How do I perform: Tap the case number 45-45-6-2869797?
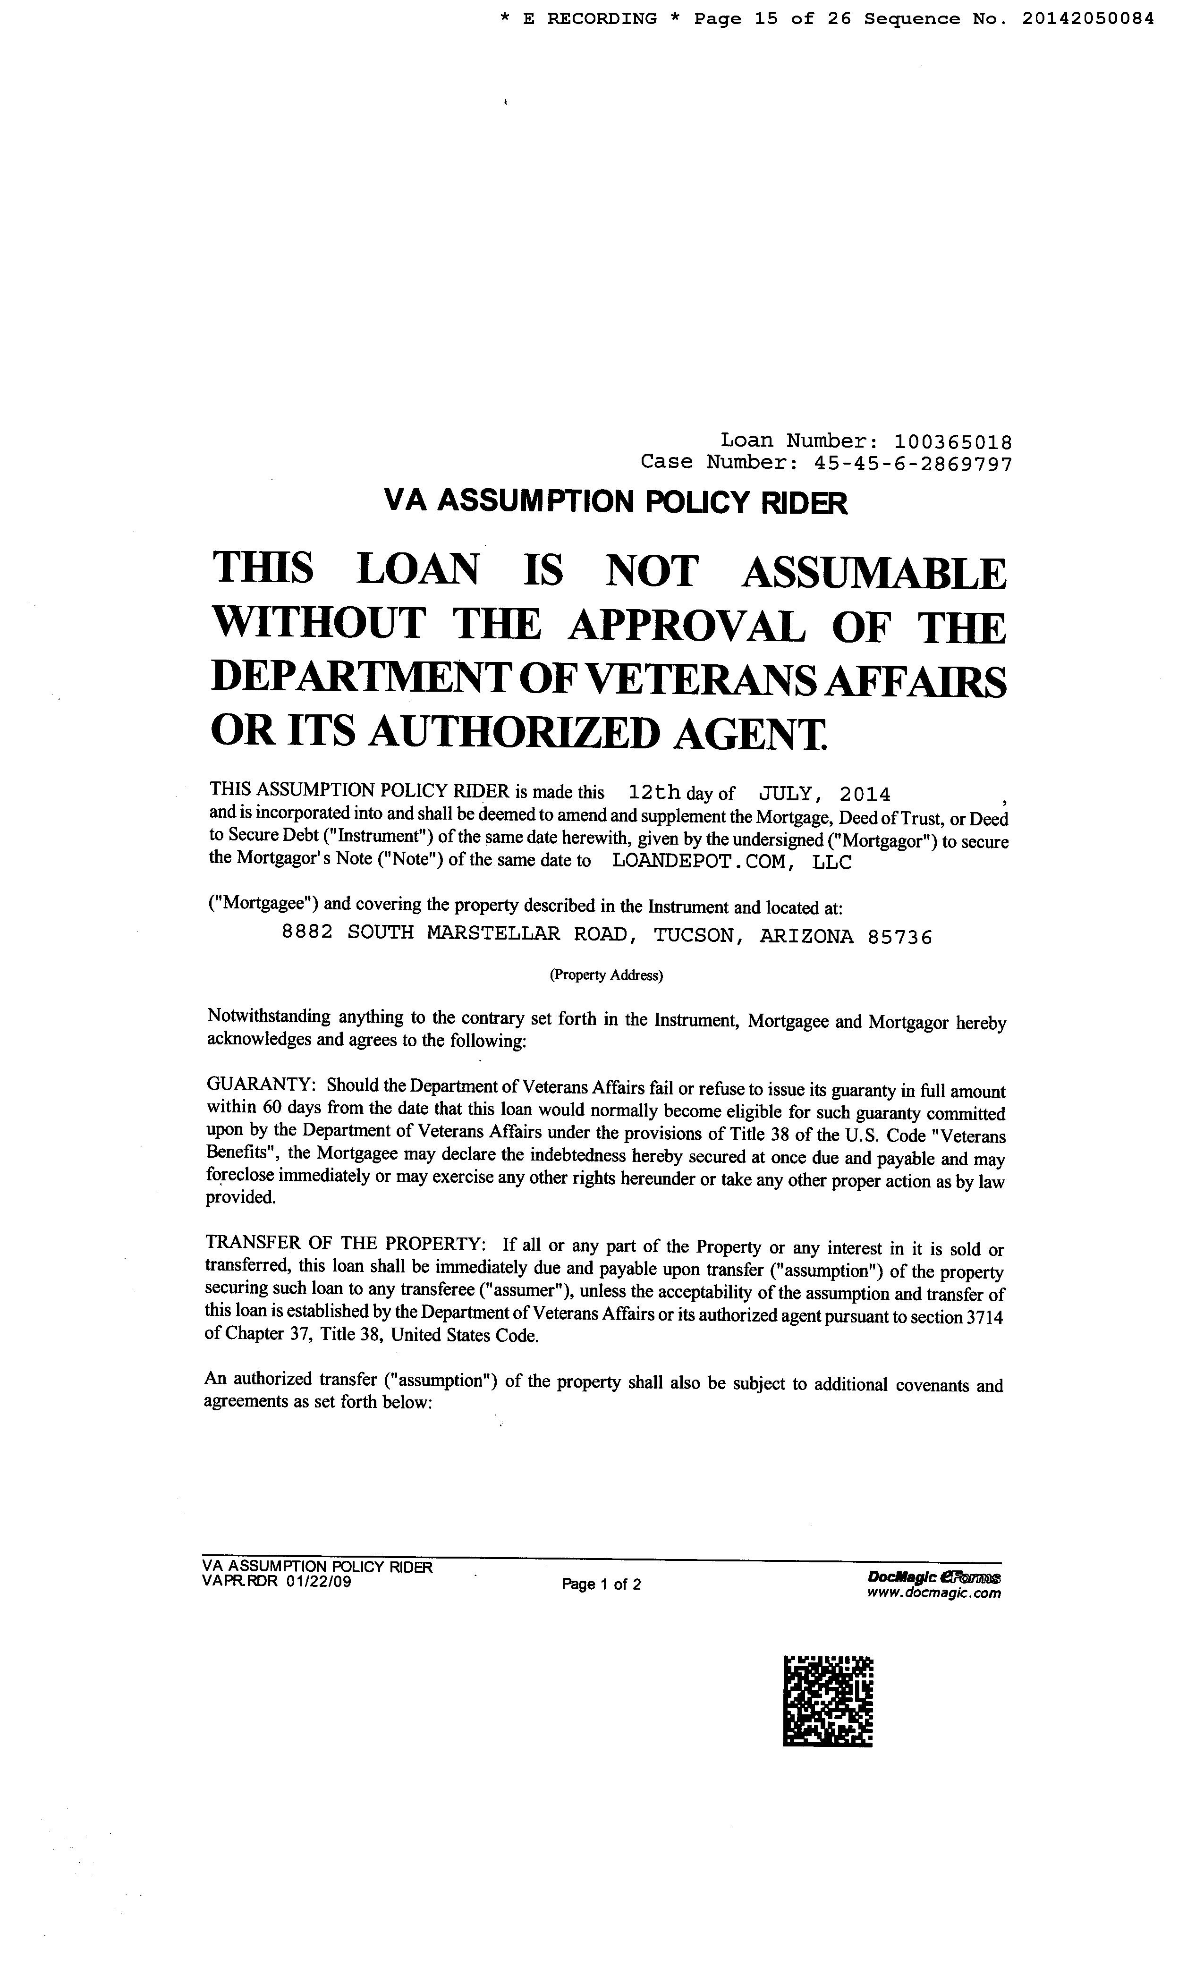point(913,463)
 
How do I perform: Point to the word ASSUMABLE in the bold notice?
point(873,573)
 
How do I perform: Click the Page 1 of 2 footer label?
point(601,1585)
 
